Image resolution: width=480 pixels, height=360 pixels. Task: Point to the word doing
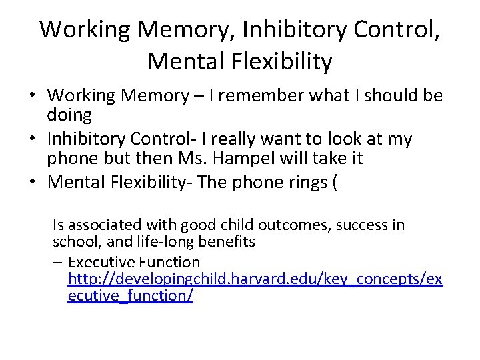(69, 115)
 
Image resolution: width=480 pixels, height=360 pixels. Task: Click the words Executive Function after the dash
(134, 262)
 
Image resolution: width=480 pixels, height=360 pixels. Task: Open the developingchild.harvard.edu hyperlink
(255, 279)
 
